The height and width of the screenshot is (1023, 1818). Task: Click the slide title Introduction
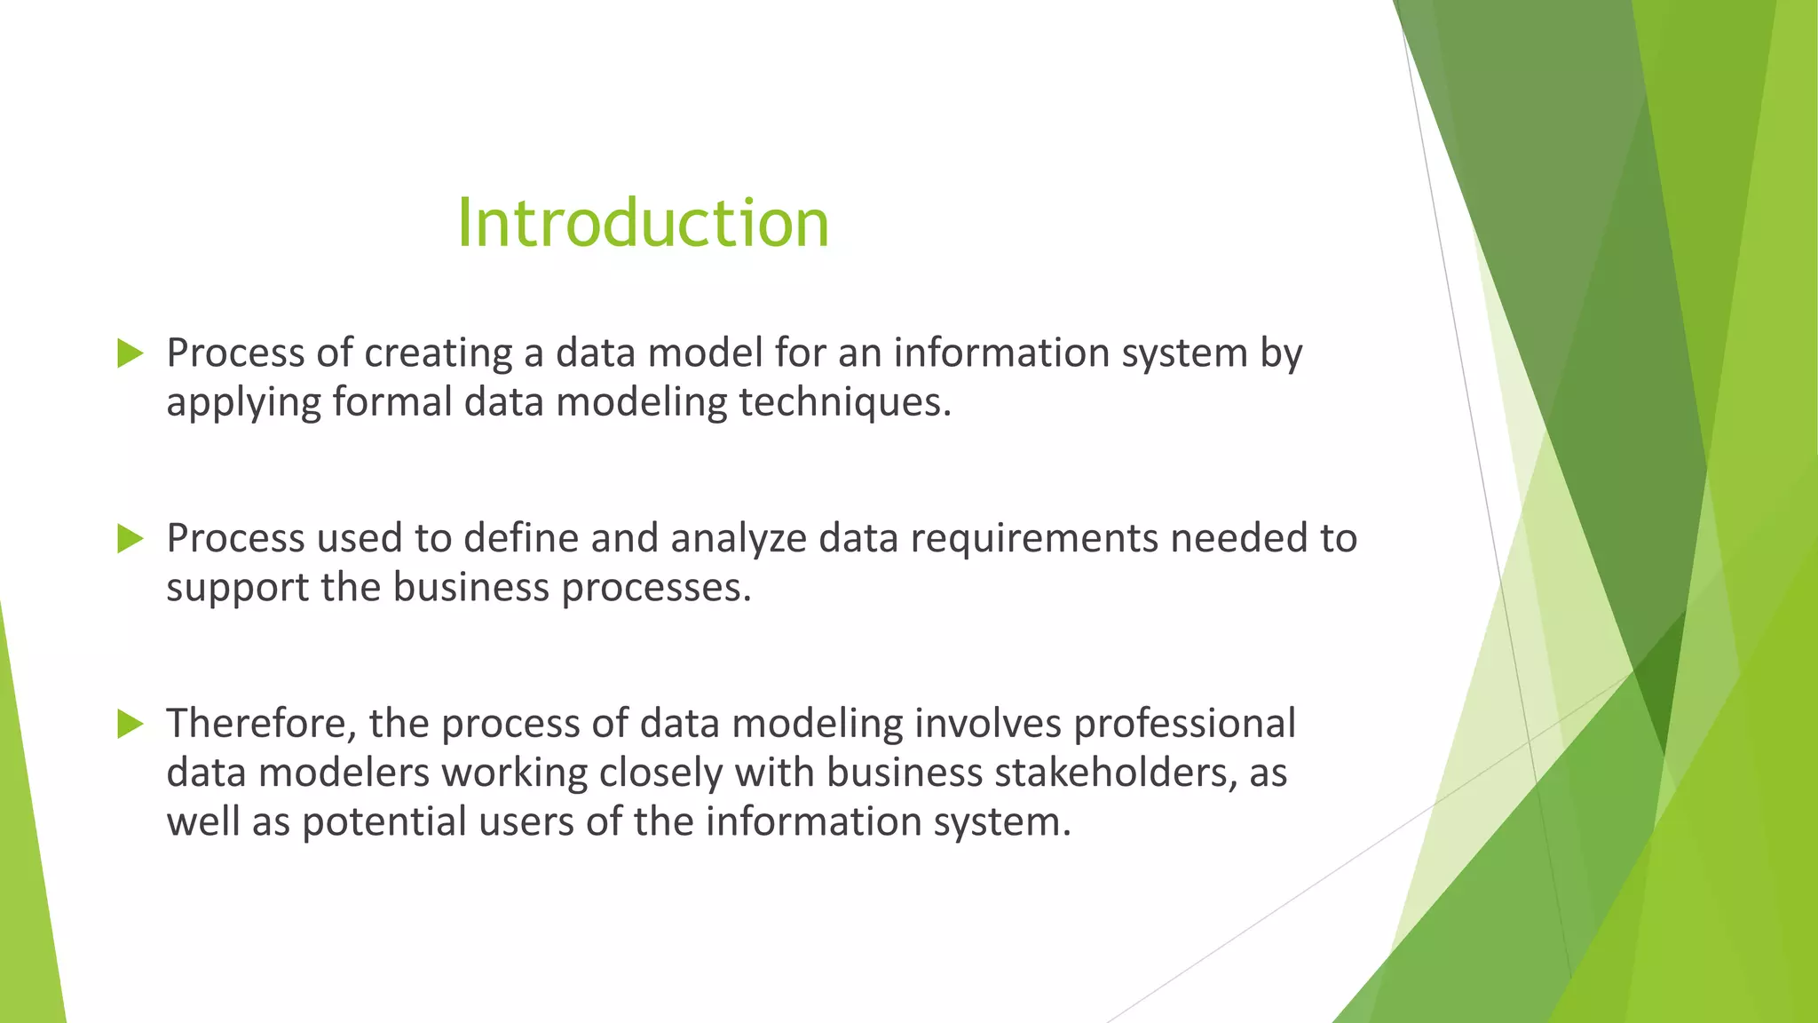(643, 222)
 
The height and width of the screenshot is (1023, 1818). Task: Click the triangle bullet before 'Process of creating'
(130, 353)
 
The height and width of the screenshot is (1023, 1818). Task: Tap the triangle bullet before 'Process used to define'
(130, 539)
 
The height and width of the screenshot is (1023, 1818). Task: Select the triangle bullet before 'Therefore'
(130, 725)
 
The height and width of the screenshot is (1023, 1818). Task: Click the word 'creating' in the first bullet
(439, 353)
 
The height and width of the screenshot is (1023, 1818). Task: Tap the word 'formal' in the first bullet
(392, 402)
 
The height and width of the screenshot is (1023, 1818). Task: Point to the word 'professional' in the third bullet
(1184, 725)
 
